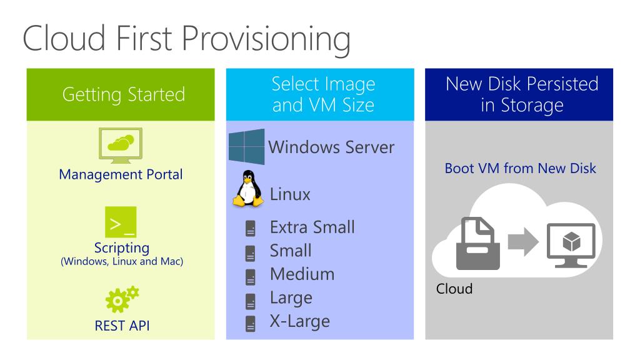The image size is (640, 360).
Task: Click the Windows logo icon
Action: point(247,147)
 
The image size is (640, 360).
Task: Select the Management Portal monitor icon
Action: point(121,145)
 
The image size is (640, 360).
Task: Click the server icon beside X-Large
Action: point(250,324)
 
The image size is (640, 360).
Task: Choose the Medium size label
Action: point(302,274)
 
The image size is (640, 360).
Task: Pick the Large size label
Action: point(291,297)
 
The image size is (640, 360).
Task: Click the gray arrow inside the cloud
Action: point(522,242)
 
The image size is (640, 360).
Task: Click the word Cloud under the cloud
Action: point(454,289)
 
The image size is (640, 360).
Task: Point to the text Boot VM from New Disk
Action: point(520,168)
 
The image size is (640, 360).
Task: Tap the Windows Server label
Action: point(331,147)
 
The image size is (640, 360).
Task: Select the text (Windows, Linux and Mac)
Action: point(121,261)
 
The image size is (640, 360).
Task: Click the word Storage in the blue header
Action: point(532,104)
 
